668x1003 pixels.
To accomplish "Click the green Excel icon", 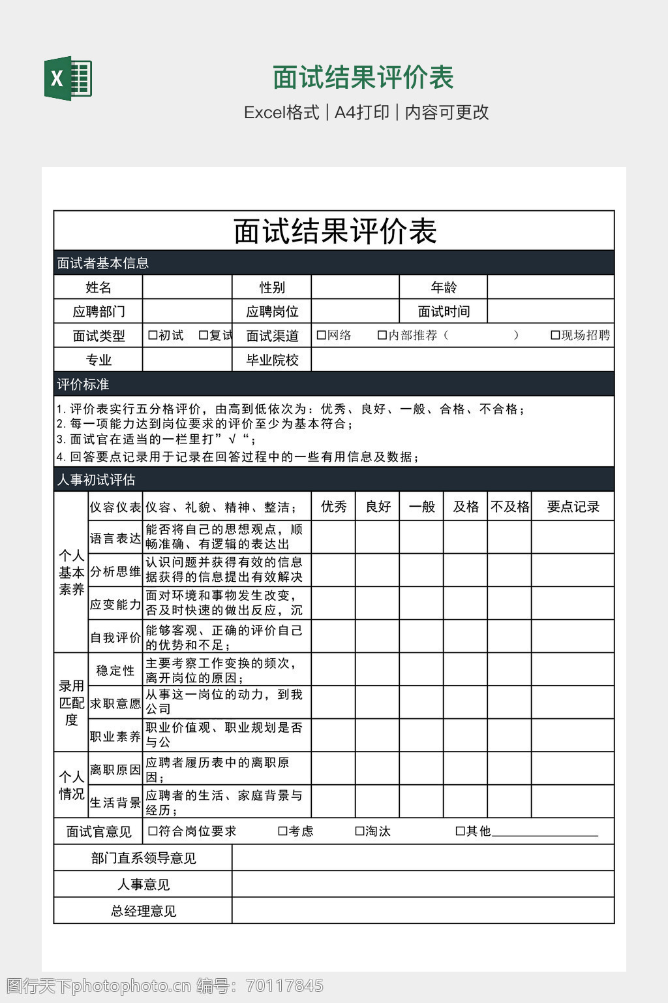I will [68, 78].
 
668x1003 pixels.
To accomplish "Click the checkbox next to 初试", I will [153, 336].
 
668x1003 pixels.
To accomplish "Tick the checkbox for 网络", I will [321, 336].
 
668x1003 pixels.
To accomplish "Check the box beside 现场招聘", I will [555, 336].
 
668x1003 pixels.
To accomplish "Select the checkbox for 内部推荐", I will [382, 336].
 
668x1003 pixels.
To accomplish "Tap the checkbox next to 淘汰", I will [359, 831].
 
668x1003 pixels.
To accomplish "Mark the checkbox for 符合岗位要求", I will [153, 831].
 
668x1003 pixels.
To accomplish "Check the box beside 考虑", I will [282, 831].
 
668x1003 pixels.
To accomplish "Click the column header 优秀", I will [333, 507].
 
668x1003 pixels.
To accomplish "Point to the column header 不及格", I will [509, 507].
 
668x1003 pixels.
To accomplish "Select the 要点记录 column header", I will [573, 507].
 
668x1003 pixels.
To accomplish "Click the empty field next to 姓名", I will [187, 287].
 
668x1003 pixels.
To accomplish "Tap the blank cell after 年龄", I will [551, 287].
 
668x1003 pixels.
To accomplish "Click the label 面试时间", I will [444, 311].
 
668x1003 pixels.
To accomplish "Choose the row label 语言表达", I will [115, 538].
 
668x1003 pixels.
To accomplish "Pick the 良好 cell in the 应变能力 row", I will [378, 603].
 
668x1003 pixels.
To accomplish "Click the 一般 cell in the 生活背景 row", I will [421, 801].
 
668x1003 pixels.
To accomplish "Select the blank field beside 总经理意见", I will [423, 911].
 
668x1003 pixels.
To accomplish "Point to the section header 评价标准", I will [83, 384].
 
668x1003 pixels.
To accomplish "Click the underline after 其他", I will [545, 833].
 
